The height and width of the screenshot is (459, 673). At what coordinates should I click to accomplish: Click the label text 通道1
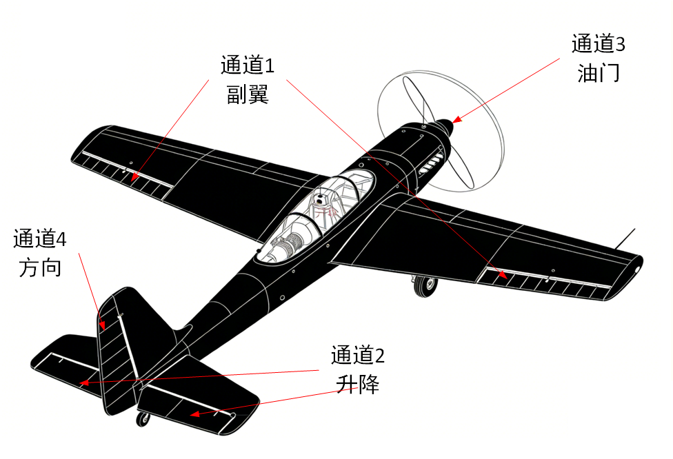coord(248,65)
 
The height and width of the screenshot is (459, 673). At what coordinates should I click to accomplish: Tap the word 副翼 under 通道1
coord(248,94)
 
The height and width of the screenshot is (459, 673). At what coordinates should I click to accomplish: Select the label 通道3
coord(599,43)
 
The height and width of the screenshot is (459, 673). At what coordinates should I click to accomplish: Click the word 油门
coord(599,73)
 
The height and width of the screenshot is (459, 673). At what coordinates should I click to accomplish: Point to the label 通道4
coord(40,238)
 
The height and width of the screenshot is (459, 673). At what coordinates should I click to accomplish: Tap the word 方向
coord(40,267)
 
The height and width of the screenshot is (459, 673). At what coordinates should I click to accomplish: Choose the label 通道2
coord(357,355)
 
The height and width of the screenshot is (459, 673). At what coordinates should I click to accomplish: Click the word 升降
coord(357,385)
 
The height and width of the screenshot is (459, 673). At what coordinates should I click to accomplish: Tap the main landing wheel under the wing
coord(425,287)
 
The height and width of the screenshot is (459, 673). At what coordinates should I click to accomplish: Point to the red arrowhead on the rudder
coord(102,325)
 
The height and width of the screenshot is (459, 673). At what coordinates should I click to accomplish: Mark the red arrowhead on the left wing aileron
coord(134,176)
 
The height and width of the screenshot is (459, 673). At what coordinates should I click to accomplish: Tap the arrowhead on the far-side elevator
coord(84,382)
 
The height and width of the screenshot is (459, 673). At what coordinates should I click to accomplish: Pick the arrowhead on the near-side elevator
coord(195,414)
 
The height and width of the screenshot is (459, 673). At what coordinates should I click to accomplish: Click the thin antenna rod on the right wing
coord(625,239)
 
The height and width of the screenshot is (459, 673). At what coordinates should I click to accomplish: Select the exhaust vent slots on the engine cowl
coord(431,164)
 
